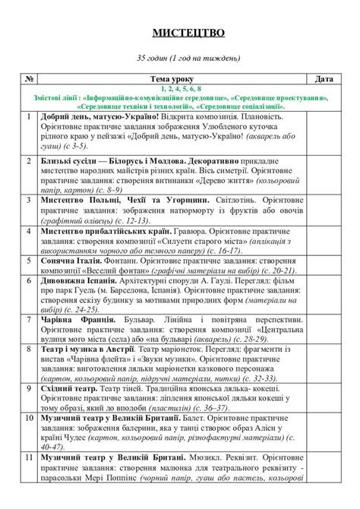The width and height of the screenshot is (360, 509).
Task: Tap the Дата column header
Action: click(x=324, y=79)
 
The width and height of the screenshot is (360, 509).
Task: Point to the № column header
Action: click(x=28, y=79)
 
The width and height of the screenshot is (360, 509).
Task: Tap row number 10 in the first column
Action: click(x=28, y=419)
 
